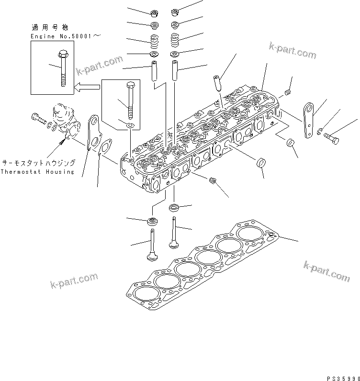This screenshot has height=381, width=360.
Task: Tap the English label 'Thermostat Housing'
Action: (x=37, y=172)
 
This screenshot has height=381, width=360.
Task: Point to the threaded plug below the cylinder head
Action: (x=214, y=180)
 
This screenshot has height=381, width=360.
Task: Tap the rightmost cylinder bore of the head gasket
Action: (x=250, y=234)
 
